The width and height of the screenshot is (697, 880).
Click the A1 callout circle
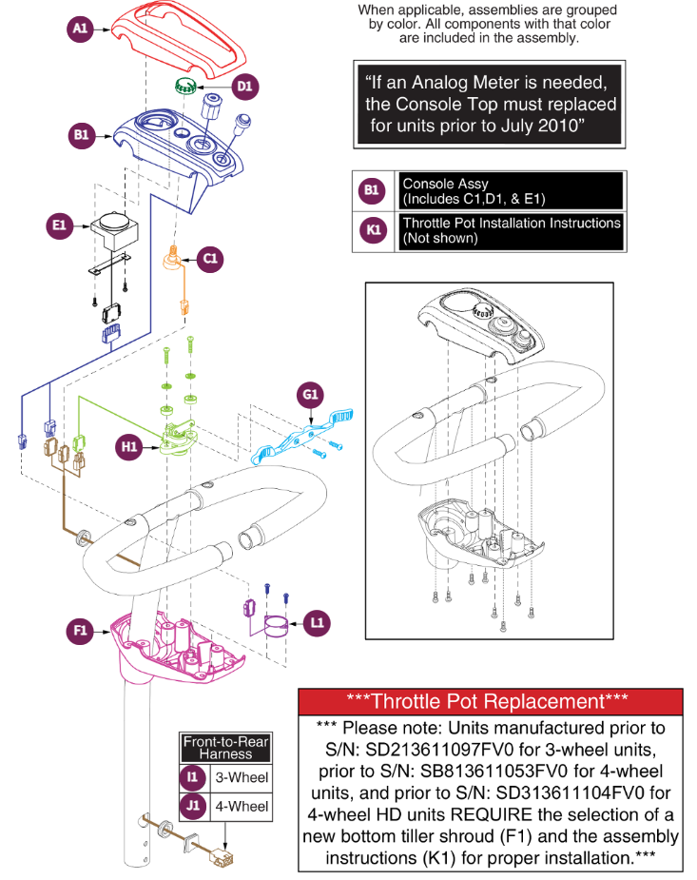pyautogui.click(x=81, y=29)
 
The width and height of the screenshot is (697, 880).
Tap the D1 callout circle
pyautogui.click(x=245, y=87)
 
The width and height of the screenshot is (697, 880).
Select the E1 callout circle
pyautogui.click(x=60, y=225)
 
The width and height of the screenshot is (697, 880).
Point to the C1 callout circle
pyautogui.click(x=211, y=257)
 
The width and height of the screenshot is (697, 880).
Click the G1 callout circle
pyautogui.click(x=312, y=391)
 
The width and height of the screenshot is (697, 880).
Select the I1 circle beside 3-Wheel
pyautogui.click(x=193, y=777)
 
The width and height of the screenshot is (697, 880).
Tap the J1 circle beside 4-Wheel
pyautogui.click(x=193, y=806)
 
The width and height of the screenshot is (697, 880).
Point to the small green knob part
pyautogui.click(x=186, y=88)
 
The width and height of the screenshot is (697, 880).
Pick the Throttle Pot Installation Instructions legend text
pyautogui.click(x=511, y=230)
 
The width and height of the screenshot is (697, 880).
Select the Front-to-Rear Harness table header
pyautogui.click(x=226, y=748)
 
